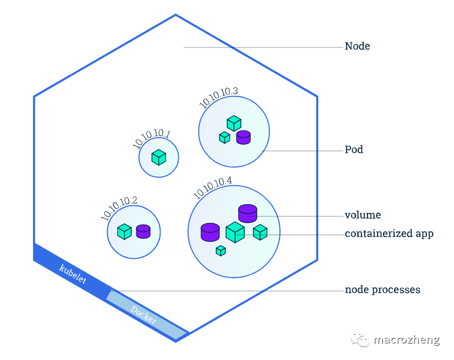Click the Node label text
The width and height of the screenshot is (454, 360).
point(357,46)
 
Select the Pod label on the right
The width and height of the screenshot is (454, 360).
point(354,150)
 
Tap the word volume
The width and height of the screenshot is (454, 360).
point(362,215)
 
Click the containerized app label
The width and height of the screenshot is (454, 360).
point(389,234)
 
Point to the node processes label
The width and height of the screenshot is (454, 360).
point(382,290)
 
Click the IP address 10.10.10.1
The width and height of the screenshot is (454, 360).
point(151,138)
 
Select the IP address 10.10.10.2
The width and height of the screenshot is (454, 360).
point(119,208)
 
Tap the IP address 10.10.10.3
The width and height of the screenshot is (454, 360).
point(218,98)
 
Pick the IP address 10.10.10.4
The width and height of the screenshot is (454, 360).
point(213,188)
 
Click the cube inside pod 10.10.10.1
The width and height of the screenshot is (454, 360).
point(159,158)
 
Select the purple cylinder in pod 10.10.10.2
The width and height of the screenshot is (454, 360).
point(143,231)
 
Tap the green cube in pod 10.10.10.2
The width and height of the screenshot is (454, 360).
point(124,231)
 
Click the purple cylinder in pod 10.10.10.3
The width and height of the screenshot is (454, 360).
point(243,138)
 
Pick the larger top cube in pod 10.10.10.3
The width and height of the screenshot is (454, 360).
point(234,124)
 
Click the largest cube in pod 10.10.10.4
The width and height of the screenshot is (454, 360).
point(235,232)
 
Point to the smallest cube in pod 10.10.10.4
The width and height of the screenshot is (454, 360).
point(221,251)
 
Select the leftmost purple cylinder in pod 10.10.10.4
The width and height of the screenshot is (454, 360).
point(210,232)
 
